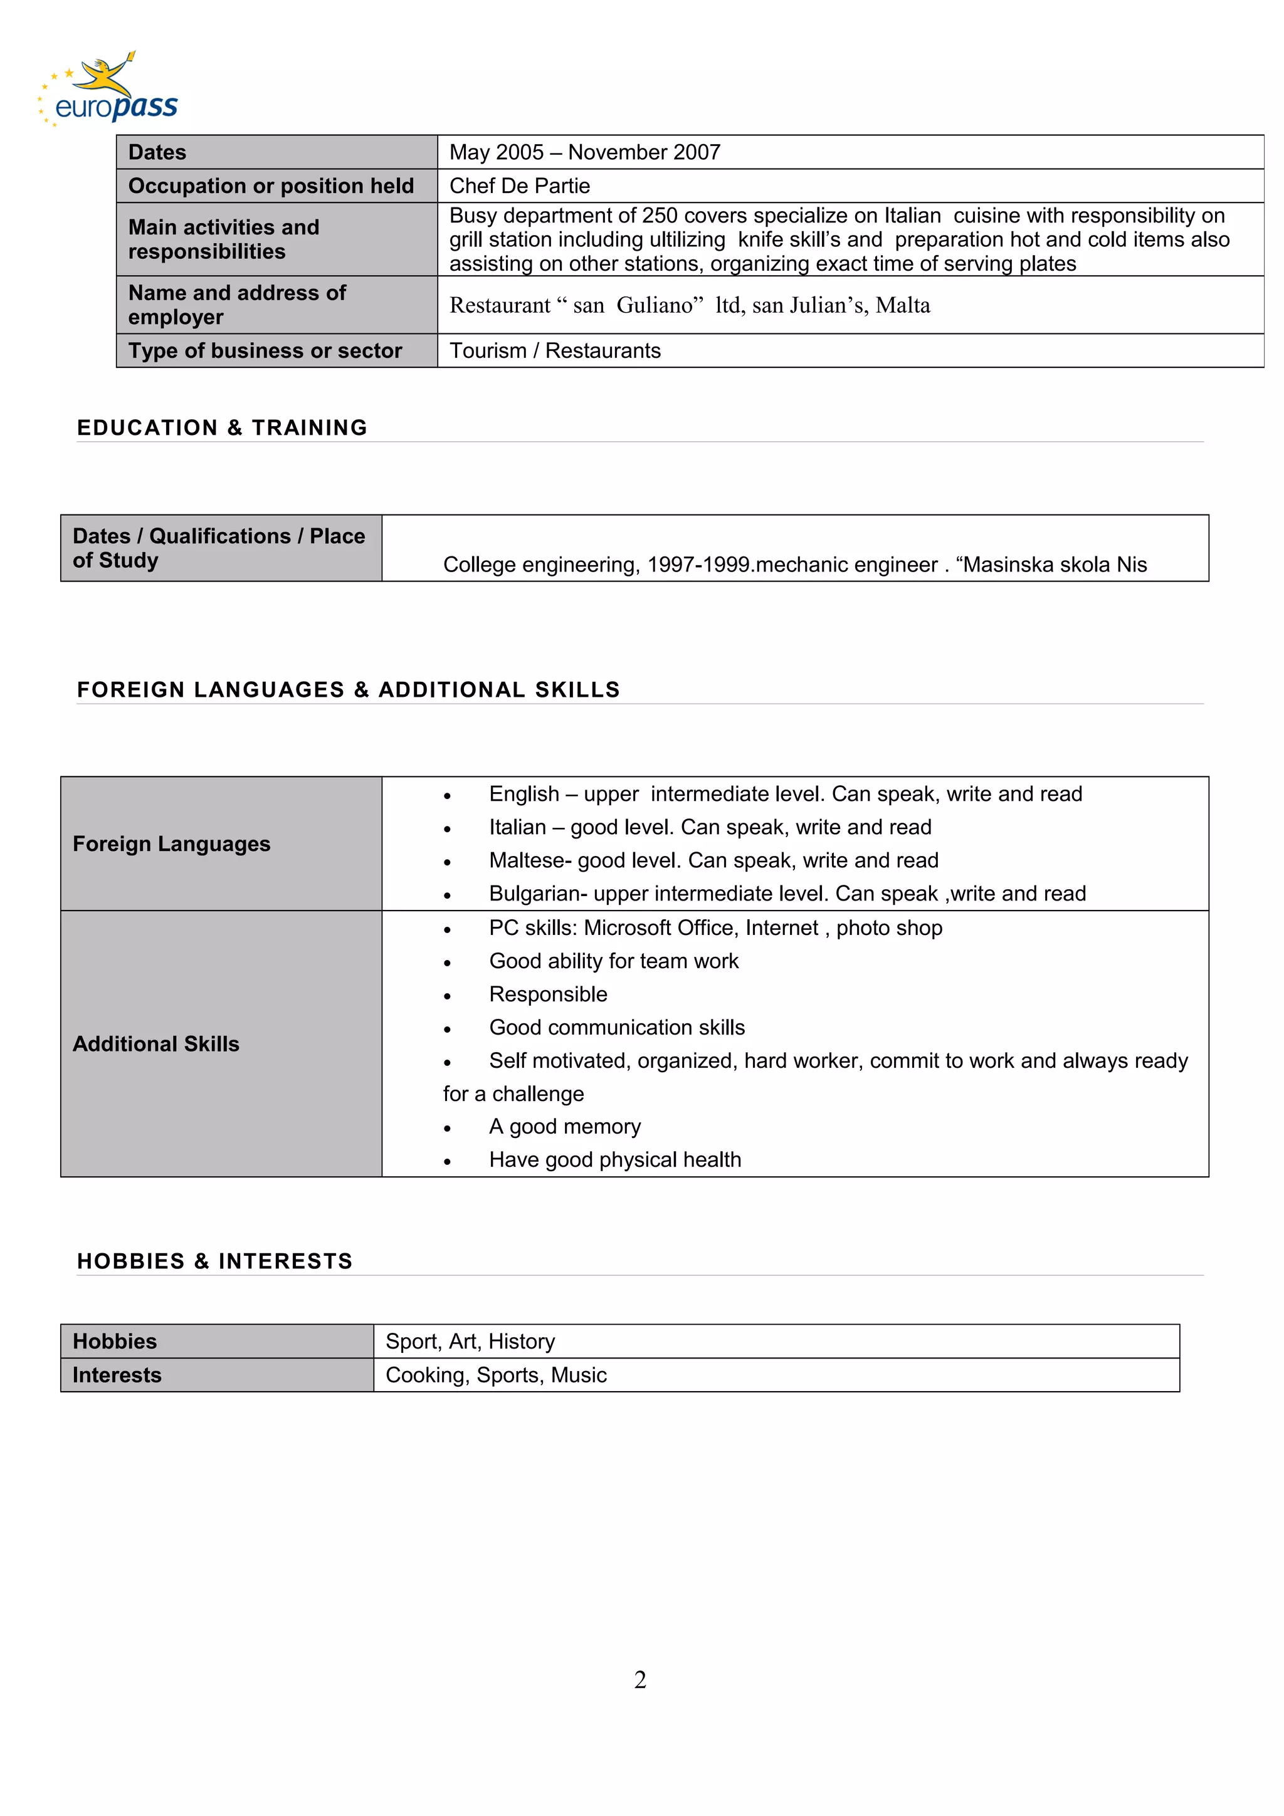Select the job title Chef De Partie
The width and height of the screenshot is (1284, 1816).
tap(520, 186)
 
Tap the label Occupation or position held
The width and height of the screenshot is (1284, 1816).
tap(271, 186)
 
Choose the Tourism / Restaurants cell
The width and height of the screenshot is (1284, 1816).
tap(555, 350)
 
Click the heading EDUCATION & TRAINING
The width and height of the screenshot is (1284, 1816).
tap(223, 428)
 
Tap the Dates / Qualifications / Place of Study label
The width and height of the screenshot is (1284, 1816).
tap(219, 548)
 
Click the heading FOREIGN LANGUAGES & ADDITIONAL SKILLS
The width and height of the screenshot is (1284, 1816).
tap(348, 690)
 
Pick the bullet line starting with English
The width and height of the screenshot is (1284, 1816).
tap(785, 794)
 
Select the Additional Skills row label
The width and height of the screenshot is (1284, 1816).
tap(156, 1044)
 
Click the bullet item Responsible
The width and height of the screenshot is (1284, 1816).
tap(548, 994)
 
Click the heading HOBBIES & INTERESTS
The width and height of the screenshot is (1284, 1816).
tap(214, 1261)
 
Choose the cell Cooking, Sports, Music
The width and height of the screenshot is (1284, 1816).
tap(496, 1375)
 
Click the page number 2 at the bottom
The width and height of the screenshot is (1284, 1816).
tap(640, 1679)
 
